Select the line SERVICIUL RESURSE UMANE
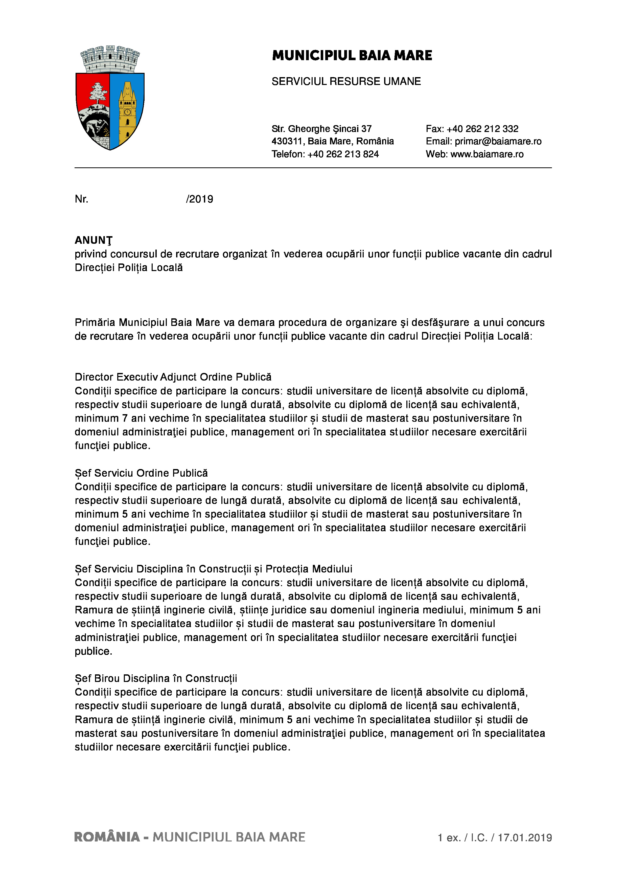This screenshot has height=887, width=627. point(346,81)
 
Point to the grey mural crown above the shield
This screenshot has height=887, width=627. point(110,59)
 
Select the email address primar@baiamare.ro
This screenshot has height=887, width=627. point(498,141)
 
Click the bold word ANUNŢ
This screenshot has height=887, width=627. point(94,240)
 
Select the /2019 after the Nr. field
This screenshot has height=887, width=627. point(200,199)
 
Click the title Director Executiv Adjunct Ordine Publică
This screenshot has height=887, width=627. point(173,377)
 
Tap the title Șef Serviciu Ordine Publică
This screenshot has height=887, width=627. point(141,473)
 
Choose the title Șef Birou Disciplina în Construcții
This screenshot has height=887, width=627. point(156,678)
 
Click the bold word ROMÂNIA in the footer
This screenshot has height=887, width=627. point(107,837)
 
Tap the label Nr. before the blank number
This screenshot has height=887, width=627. point(81,199)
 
